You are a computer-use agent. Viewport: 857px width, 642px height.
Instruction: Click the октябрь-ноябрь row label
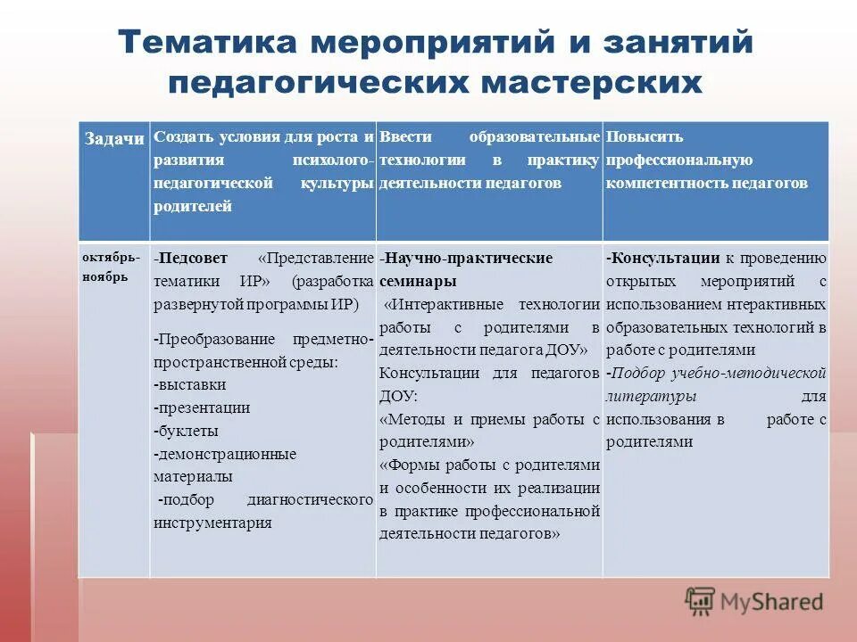click(x=111, y=267)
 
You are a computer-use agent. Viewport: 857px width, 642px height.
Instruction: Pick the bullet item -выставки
click(x=189, y=384)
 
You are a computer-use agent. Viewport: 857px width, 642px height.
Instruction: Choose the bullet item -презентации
click(x=202, y=407)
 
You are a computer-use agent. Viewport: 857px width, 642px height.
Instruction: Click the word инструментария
click(x=212, y=523)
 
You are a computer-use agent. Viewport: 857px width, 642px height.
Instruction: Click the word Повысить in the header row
click(x=645, y=137)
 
